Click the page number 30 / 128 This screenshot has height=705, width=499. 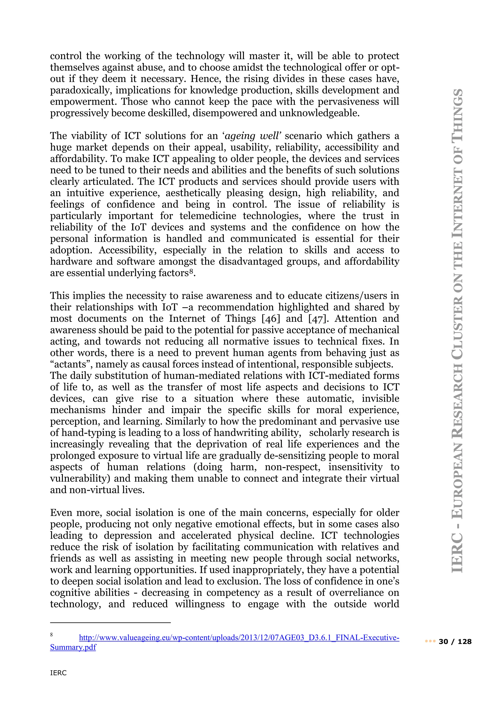tap(455, 641)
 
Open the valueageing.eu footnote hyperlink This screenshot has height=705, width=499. tap(239, 638)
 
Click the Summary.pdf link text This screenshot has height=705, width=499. tap(73, 647)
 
